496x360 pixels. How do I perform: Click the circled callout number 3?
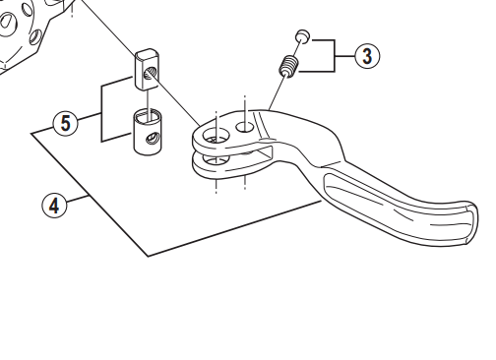tap(367, 56)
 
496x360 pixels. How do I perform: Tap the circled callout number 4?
tap(54, 206)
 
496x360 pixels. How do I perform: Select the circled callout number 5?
tap(66, 123)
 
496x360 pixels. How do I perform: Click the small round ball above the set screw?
tap(302, 36)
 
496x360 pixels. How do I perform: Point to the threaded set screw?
tap(288, 66)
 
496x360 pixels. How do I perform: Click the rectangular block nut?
tap(147, 69)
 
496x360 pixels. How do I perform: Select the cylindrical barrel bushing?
tap(148, 131)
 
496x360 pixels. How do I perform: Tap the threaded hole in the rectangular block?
tap(151, 73)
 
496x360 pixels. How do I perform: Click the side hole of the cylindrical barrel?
tap(153, 138)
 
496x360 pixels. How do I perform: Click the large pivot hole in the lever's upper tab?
tap(217, 136)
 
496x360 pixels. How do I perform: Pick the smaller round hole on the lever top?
tap(245, 127)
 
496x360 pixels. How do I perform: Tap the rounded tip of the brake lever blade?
tap(471, 223)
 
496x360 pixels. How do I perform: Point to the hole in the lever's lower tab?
tap(216, 159)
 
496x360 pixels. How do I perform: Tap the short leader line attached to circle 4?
tap(78, 200)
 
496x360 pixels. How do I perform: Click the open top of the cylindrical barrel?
tap(148, 115)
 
